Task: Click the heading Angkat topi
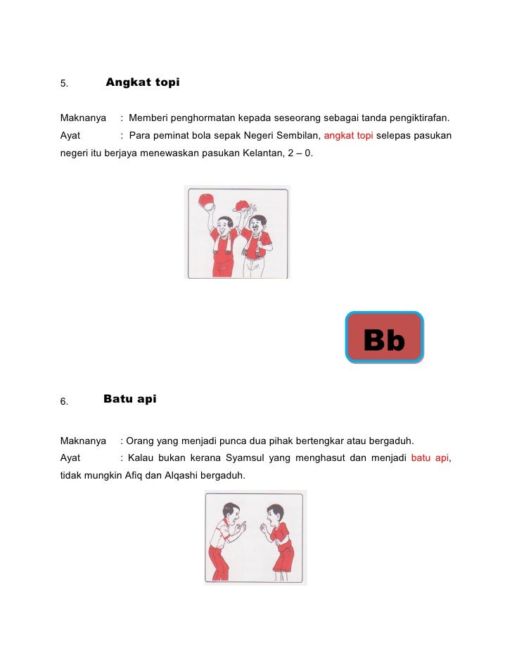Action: (142, 83)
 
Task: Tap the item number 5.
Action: (63, 84)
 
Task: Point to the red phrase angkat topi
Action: (348, 134)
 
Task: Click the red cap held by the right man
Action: (243, 205)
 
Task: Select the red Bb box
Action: (385, 338)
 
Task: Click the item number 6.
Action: (63, 402)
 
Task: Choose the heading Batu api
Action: (130, 400)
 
